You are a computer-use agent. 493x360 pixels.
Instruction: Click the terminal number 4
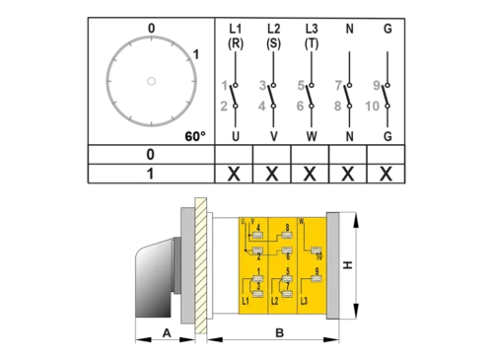point(257,227)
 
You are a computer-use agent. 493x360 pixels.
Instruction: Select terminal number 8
point(287,227)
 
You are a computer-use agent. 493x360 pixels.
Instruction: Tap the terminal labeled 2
point(258,256)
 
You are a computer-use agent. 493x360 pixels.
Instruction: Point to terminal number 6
point(287,256)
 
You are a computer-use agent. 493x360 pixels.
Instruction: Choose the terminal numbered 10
point(317,256)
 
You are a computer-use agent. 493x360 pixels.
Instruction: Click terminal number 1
point(258,270)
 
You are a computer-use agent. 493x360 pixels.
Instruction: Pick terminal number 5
point(287,270)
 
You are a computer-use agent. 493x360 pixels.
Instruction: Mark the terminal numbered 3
point(258,286)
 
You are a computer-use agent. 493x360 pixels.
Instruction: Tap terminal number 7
point(287,286)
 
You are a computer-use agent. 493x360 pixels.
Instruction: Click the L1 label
point(246,301)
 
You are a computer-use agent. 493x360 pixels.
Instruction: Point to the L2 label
point(275,301)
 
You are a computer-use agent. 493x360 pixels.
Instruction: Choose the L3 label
point(305,301)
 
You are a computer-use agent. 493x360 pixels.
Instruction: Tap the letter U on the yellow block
point(243,222)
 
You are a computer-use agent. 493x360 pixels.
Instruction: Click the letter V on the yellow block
point(251,222)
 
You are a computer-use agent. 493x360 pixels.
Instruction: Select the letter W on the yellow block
point(302,222)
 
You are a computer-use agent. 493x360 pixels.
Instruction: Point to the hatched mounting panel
point(202,266)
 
